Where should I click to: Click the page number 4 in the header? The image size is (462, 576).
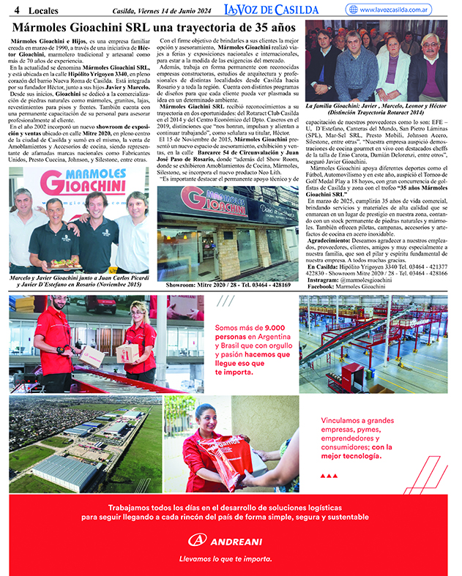(15, 10)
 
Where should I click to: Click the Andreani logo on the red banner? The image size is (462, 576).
(231, 540)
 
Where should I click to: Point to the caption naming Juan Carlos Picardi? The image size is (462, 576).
(80, 282)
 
